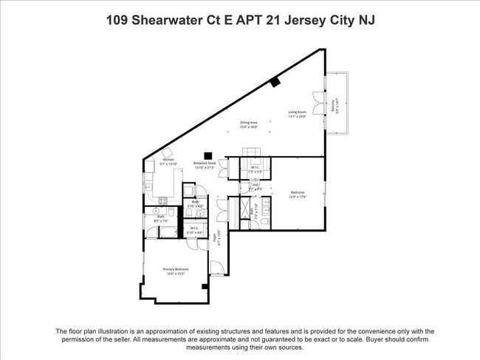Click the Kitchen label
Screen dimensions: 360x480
(168, 160)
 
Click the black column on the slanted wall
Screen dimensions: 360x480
(275, 83)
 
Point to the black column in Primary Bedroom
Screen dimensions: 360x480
(205, 285)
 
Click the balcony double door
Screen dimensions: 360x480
(317, 103)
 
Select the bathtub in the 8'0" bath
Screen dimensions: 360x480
(168, 233)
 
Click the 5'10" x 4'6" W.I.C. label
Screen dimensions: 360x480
(194, 229)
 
